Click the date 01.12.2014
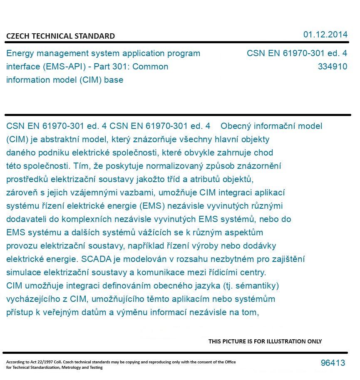pos(325,35)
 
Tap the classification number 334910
pos(332,67)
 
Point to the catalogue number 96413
pos(333,363)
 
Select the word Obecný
pos(235,126)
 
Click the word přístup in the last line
pos(19,312)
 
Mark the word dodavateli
pos(25,219)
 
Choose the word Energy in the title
pos(19,54)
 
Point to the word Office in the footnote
pos(230,362)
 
